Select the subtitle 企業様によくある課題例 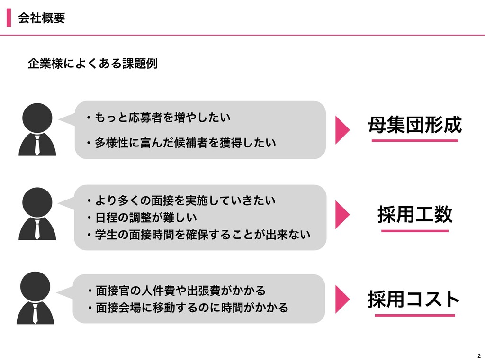(92, 63)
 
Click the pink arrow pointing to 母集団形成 (342, 130)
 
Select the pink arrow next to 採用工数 (342, 214)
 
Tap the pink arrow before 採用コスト (342, 299)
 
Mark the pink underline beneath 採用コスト (414, 315)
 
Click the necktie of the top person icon (37, 144)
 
